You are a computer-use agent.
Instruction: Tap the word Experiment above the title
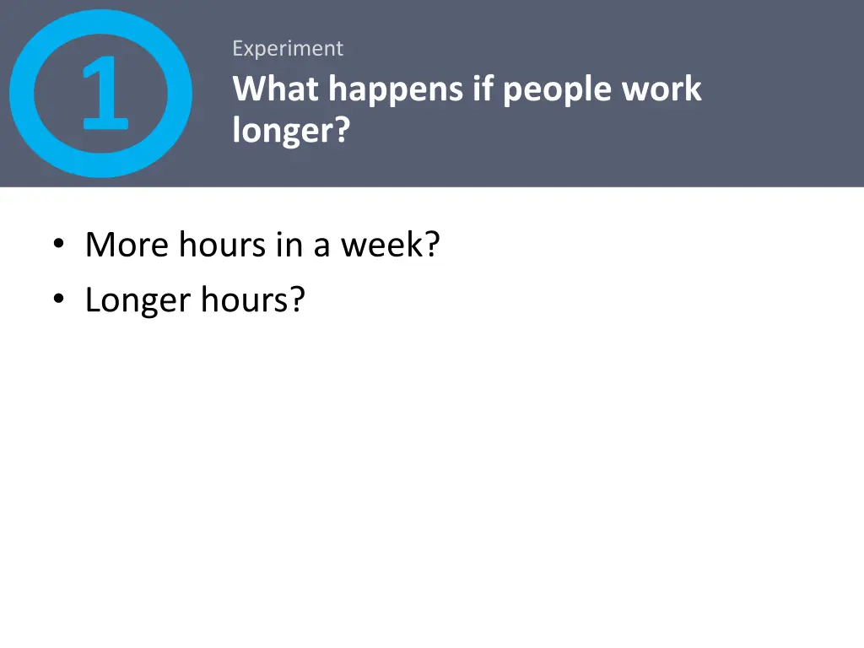(x=288, y=49)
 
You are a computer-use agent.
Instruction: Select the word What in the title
(x=276, y=89)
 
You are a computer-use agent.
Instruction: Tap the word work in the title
(x=661, y=89)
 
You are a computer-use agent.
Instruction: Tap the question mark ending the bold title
(x=341, y=131)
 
